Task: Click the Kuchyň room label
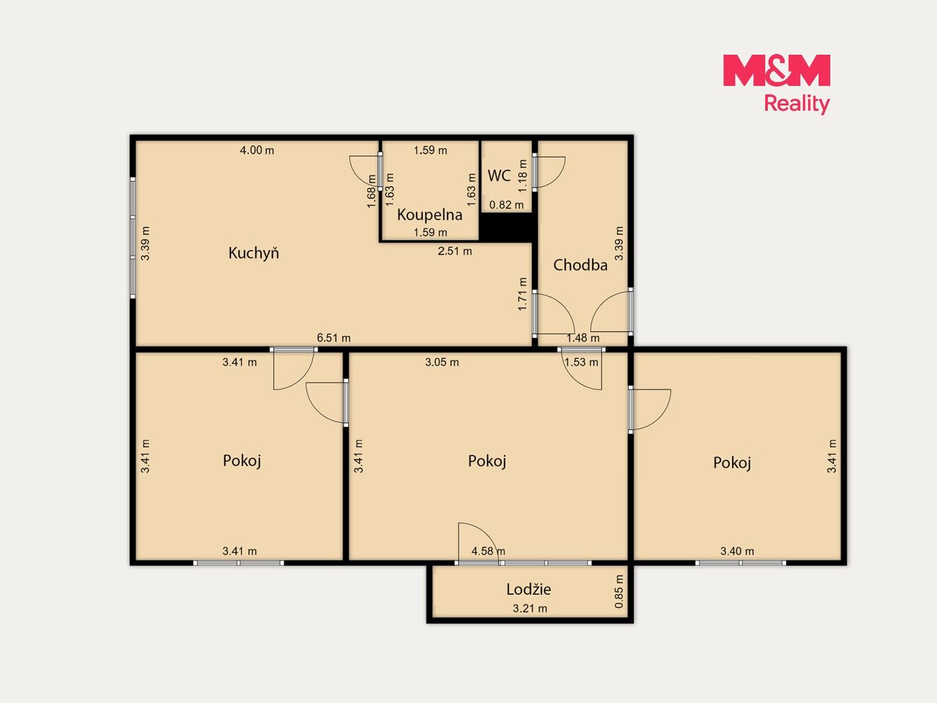[254, 254]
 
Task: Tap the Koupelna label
[429, 215]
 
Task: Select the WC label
[499, 176]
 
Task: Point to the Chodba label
[580, 265]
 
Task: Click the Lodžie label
[528, 590]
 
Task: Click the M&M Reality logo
[776, 84]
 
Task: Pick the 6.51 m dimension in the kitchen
[333, 338]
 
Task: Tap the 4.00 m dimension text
[257, 150]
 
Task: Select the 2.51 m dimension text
[455, 251]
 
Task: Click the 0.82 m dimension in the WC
[506, 205]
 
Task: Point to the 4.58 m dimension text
[488, 551]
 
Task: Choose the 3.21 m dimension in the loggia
[530, 608]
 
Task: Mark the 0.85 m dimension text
[619, 591]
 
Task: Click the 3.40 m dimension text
[737, 551]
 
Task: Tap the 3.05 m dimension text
[442, 363]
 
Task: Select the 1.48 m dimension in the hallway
[582, 338]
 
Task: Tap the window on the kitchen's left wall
[133, 238]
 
